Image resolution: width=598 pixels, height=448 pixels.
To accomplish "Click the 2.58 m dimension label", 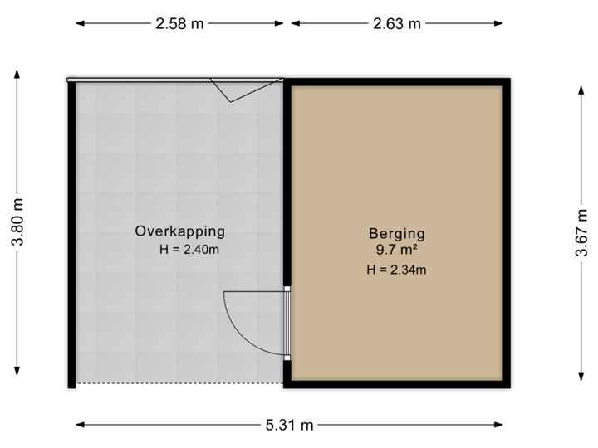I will pyautogui.click(x=179, y=24).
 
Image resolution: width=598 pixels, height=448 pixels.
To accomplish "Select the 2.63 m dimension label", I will pyautogui.click(x=397, y=24).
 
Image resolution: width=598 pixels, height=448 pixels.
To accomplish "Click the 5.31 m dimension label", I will pyautogui.click(x=291, y=425).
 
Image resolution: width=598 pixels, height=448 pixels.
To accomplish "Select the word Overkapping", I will pyautogui.click(x=180, y=231).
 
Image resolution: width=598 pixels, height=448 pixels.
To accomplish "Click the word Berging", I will pyautogui.click(x=396, y=233).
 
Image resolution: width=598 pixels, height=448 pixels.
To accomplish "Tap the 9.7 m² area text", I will pyautogui.click(x=396, y=248).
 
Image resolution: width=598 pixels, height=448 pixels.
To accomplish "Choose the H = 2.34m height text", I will pyautogui.click(x=396, y=269).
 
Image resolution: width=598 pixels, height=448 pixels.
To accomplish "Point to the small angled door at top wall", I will pyautogui.click(x=237, y=90).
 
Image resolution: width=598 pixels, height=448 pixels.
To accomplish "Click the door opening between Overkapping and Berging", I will pyautogui.click(x=287, y=323).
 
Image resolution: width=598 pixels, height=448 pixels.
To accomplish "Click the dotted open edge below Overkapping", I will pyautogui.click(x=178, y=384).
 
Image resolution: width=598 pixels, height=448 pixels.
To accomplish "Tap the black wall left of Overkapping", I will pyautogui.click(x=71, y=232).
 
